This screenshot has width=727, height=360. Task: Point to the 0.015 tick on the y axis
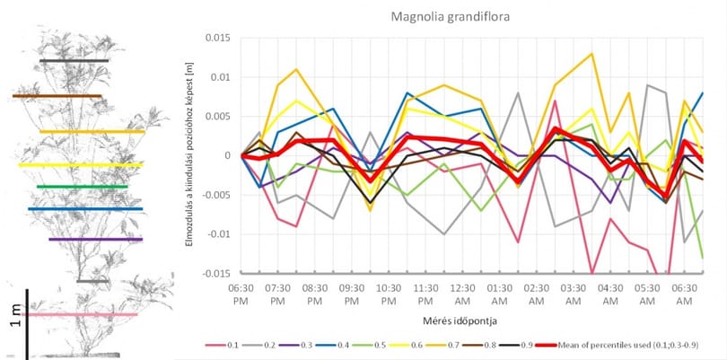pyautogui.click(x=218, y=38)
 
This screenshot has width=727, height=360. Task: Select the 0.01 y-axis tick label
pyautogui.click(x=222, y=77)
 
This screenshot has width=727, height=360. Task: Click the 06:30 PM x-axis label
pyautogui.click(x=241, y=294)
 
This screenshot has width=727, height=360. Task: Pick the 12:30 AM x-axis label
pyautogui.click(x=462, y=294)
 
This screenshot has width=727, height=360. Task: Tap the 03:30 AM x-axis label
pyautogui.click(x=573, y=294)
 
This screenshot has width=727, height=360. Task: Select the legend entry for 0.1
pyautogui.click(x=222, y=345)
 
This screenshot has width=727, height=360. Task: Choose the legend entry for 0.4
pyautogui.click(x=332, y=345)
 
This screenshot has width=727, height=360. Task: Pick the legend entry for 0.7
pyautogui.click(x=442, y=345)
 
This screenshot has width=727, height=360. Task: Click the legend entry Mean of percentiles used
pyautogui.click(x=618, y=345)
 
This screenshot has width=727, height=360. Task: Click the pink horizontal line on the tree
pyautogui.click(x=79, y=314)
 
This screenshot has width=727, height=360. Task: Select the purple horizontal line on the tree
pyautogui.click(x=95, y=240)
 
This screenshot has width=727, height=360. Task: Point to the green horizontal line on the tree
pyautogui.click(x=82, y=187)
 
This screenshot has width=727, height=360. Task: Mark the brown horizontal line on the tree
pyautogui.click(x=57, y=96)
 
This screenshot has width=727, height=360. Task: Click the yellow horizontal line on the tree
pyautogui.click(x=81, y=164)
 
